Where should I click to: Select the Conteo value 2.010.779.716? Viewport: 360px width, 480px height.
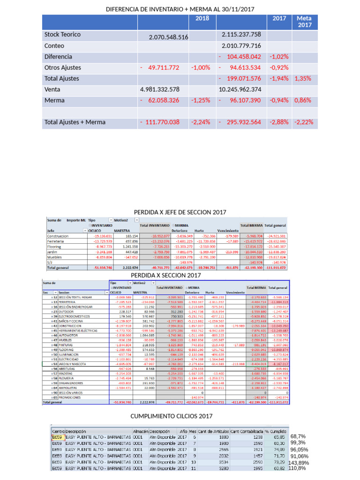coord(241,46)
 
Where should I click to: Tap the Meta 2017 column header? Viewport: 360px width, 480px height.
coord(305,21)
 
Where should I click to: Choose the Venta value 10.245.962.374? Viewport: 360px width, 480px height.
coord(241,90)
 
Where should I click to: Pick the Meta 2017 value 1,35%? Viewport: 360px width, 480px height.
coord(304,79)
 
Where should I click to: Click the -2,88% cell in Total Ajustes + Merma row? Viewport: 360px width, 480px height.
coord(279,122)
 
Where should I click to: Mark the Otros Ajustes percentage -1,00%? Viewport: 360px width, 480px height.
coord(201,68)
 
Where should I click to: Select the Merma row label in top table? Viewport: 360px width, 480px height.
coord(54,100)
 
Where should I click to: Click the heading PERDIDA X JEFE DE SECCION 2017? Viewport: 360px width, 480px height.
coord(180,212)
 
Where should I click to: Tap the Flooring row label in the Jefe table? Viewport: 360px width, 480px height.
coord(55,246)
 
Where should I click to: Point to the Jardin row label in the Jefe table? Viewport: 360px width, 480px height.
coord(52,252)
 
